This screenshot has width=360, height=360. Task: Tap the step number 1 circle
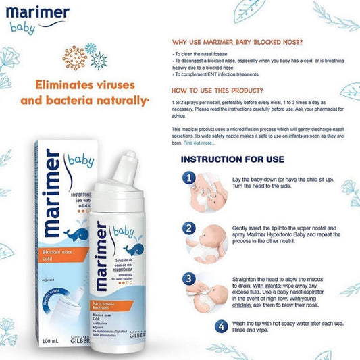[190, 179]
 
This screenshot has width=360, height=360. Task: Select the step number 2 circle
[190, 228]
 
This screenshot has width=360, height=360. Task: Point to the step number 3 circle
[190, 278]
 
